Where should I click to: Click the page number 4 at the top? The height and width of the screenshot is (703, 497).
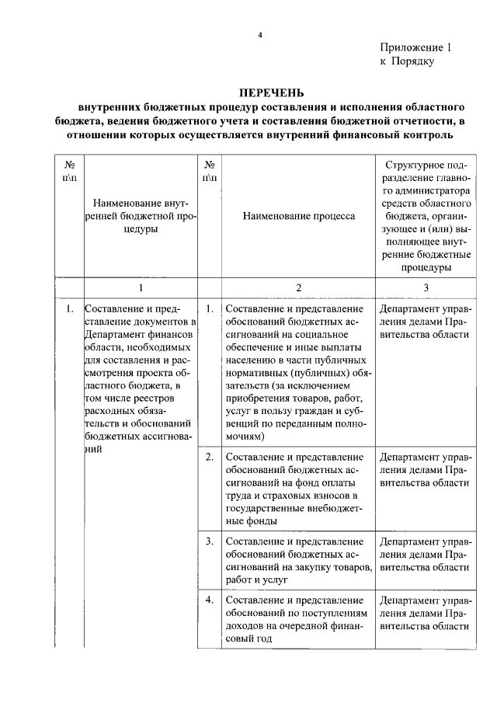tap(261, 35)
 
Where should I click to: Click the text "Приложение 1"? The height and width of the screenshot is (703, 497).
tap(415, 48)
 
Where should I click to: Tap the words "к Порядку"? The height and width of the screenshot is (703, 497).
tap(407, 61)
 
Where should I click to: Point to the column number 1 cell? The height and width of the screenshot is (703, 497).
tap(140, 287)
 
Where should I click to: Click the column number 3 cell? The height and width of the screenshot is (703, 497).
tap(426, 287)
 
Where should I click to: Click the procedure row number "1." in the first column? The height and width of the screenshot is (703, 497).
tap(70, 309)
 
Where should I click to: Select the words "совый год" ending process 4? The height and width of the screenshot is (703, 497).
tap(248, 639)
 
